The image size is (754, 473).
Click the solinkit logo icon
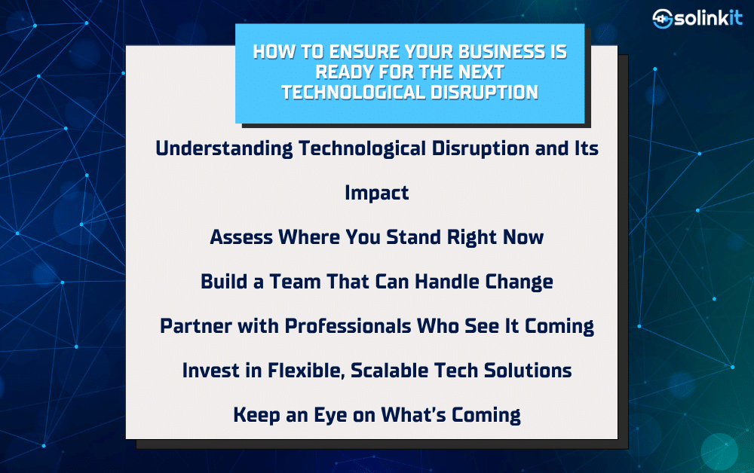coord(662,19)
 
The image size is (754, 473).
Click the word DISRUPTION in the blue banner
coord(484,92)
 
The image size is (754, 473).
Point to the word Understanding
coord(224,149)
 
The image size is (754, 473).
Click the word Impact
coord(377,193)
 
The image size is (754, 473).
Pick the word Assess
coord(241,237)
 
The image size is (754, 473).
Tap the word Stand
coord(413,237)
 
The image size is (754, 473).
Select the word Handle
coord(447,282)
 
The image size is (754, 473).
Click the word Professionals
coord(348,326)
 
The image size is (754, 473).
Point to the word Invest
coord(210,371)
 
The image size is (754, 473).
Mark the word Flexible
coord(306,371)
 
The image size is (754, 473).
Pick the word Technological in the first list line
coord(363,149)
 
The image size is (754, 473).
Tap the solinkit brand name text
coord(709,18)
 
